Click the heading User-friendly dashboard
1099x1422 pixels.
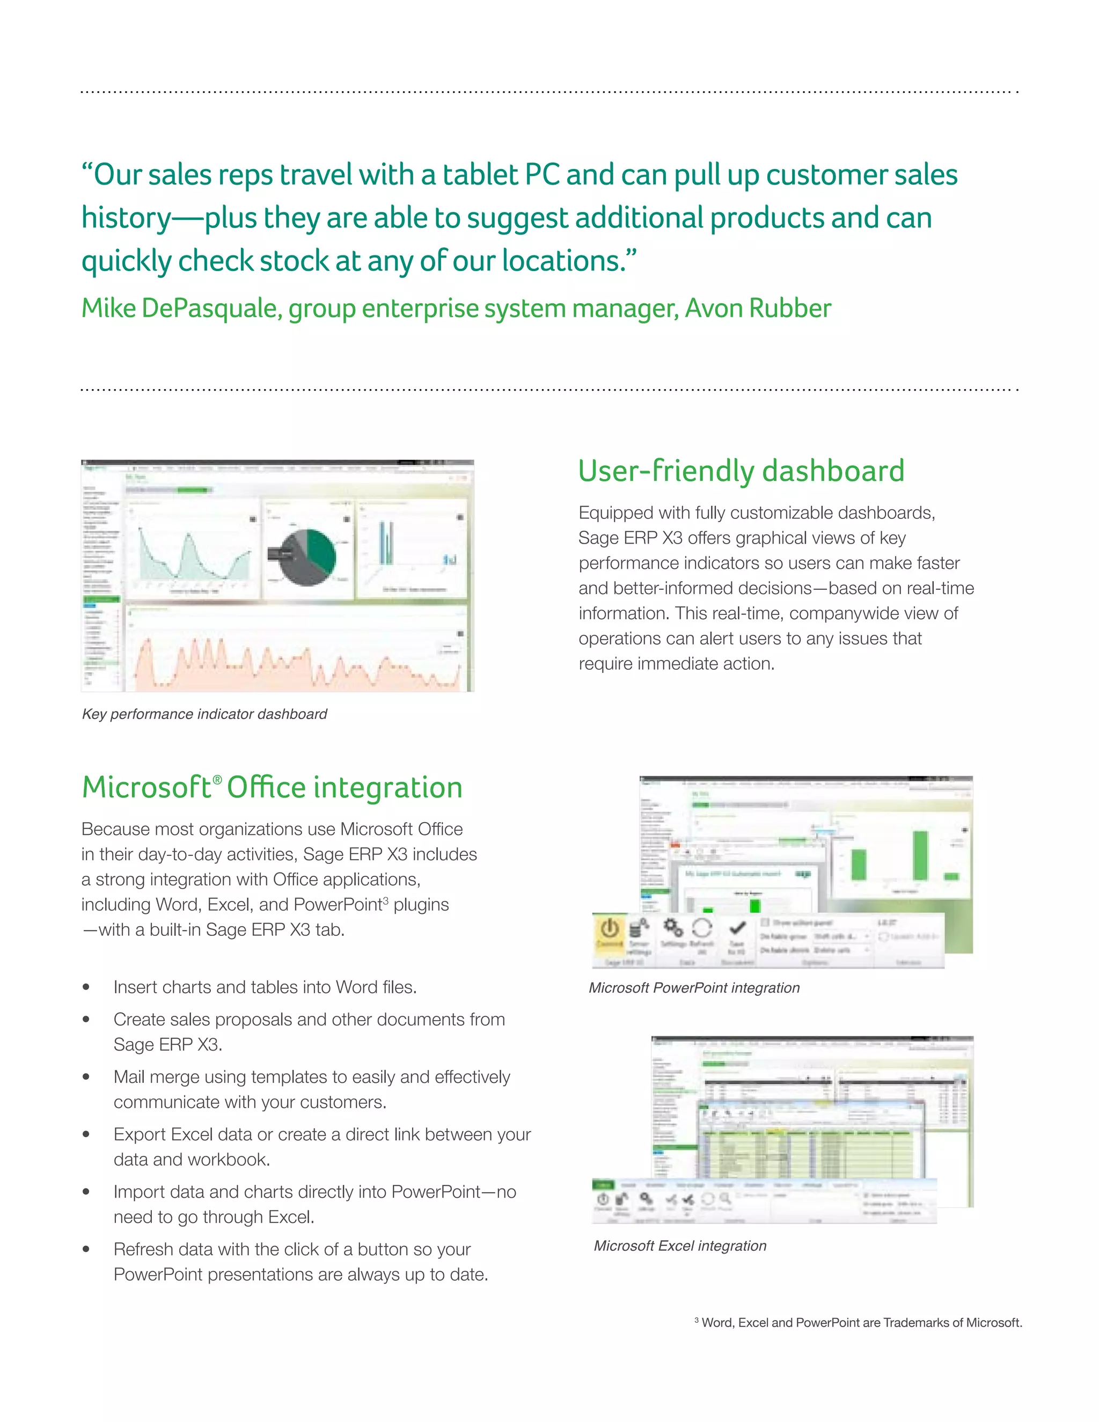click(x=741, y=471)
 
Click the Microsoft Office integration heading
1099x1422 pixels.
click(x=272, y=787)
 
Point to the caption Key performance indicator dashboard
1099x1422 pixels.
click(x=204, y=714)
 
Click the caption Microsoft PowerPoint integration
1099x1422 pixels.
click(x=694, y=988)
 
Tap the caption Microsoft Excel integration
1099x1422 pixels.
click(x=680, y=1245)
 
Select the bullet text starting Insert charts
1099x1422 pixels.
click(x=265, y=987)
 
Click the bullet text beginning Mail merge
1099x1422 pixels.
click(x=311, y=1077)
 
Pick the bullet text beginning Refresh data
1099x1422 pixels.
click(x=292, y=1249)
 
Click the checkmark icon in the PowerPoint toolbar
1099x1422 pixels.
click(x=737, y=927)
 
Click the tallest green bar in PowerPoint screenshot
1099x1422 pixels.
click(x=920, y=855)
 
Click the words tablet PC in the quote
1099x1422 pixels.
click(x=501, y=174)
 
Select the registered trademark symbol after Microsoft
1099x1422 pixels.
click(x=217, y=779)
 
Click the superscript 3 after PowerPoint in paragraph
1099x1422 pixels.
click(x=385, y=900)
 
